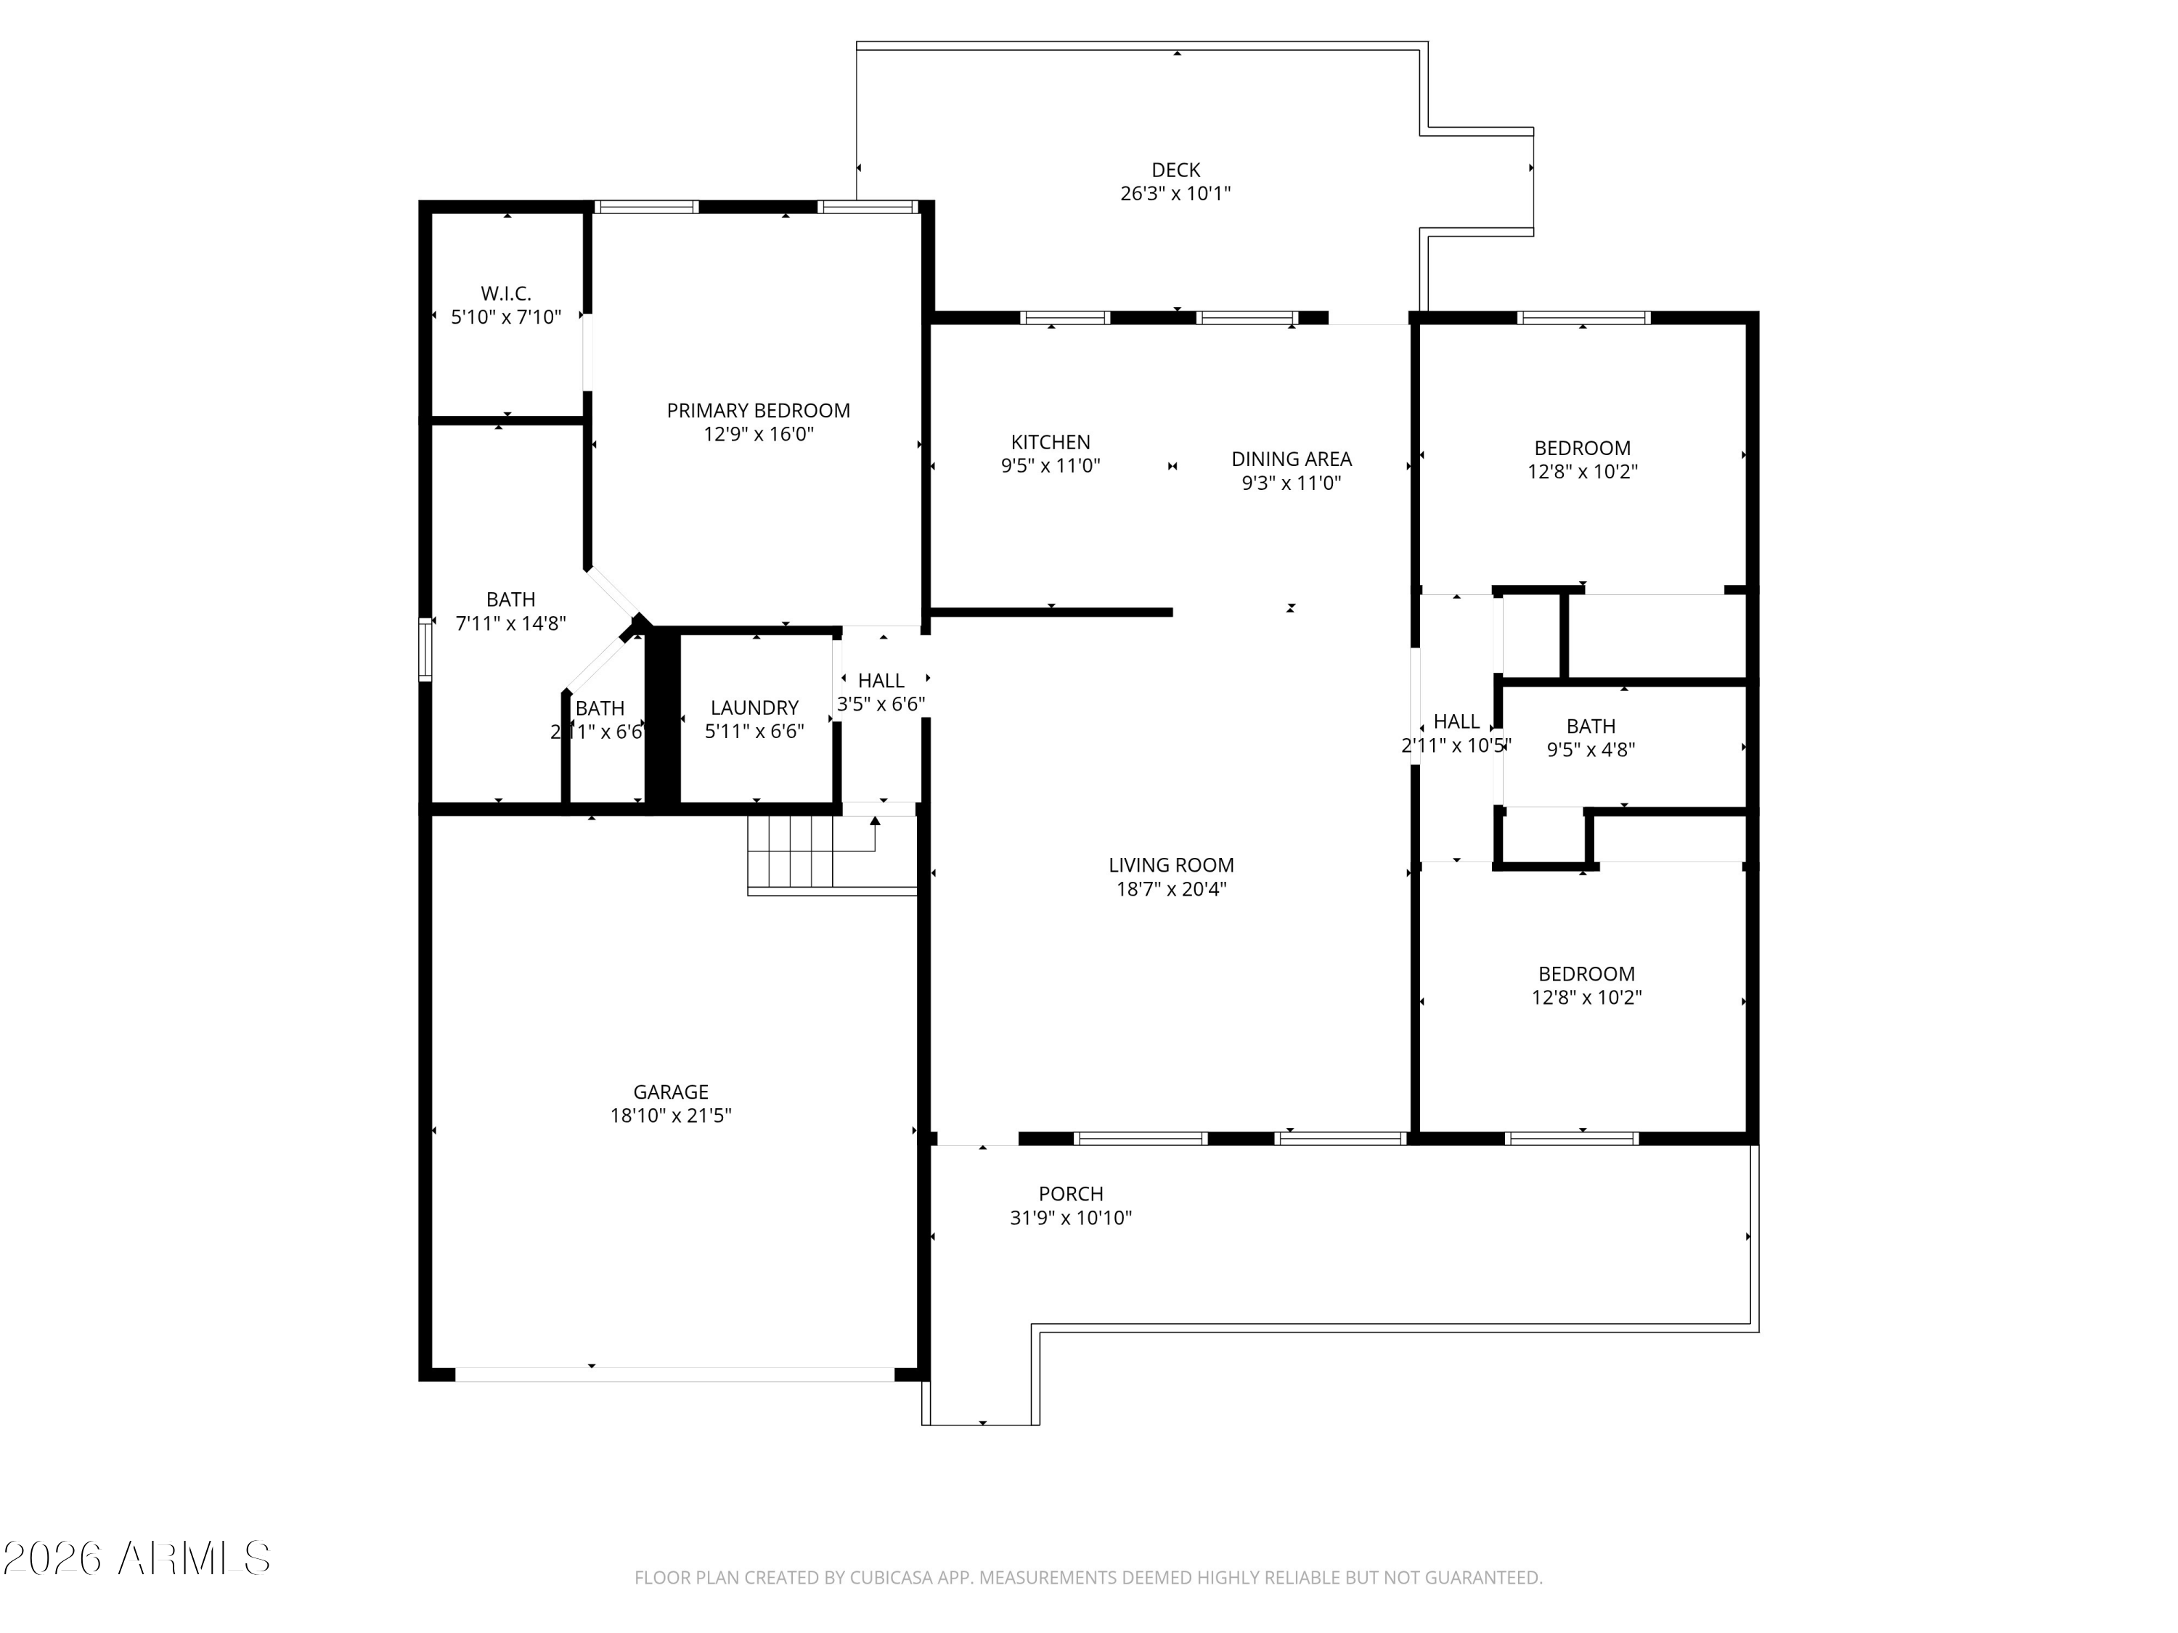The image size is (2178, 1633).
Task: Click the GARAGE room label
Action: pyautogui.click(x=671, y=1092)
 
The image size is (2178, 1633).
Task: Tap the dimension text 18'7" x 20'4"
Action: pyautogui.click(x=1171, y=890)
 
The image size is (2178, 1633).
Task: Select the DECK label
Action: pyautogui.click(x=1175, y=171)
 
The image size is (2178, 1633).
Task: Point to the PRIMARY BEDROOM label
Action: pyautogui.click(x=758, y=411)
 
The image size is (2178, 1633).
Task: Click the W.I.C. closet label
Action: pyautogui.click(x=506, y=293)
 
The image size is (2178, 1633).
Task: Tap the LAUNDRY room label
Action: pyautogui.click(x=754, y=708)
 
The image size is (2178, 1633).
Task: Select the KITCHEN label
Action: pyautogui.click(x=1051, y=443)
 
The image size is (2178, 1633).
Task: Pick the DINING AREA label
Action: pyautogui.click(x=1291, y=459)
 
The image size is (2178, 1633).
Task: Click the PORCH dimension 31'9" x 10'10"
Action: pyautogui.click(x=1070, y=1218)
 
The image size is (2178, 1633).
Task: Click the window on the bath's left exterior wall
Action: pyautogui.click(x=425, y=649)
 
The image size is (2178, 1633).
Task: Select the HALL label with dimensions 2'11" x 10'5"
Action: pyautogui.click(x=1456, y=721)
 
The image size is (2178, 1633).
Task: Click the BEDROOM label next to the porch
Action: pyautogui.click(x=1586, y=973)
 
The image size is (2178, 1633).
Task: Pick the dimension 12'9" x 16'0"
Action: pyautogui.click(x=758, y=435)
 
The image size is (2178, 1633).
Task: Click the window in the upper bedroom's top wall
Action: pyautogui.click(x=1583, y=317)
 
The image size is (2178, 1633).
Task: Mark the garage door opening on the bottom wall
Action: pyautogui.click(x=674, y=1374)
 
